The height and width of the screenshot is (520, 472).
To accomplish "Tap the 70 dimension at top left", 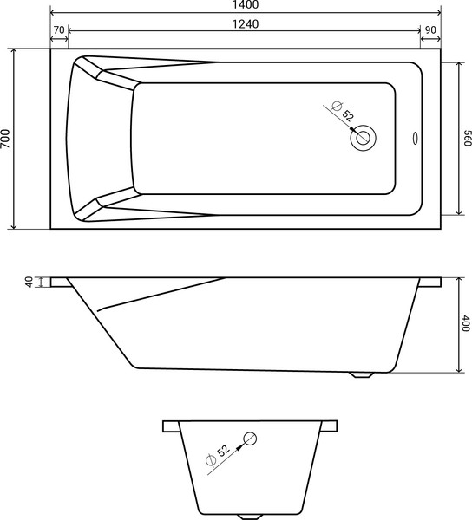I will (x=59, y=30).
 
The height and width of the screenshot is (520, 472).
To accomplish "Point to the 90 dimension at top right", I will (x=429, y=30).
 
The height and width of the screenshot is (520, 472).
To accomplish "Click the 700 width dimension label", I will (x=7, y=139).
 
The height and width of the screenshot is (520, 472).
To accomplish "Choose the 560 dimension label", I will (x=466, y=139).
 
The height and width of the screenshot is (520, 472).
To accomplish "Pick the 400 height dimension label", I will (x=466, y=324).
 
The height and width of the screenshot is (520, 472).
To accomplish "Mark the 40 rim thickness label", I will (x=29, y=282).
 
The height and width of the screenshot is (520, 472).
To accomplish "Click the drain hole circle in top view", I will (x=364, y=137).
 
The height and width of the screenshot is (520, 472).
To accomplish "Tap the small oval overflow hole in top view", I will (x=415, y=137).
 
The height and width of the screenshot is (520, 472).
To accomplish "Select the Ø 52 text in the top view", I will (x=344, y=113).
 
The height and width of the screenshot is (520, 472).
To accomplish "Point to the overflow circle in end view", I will (x=250, y=438).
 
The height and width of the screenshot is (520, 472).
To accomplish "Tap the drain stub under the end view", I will (x=251, y=517).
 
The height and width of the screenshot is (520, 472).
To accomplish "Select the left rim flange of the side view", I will (x=61, y=282).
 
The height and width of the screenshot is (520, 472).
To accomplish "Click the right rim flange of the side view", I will (x=430, y=282).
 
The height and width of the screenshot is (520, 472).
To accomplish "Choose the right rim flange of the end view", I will (x=330, y=426).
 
